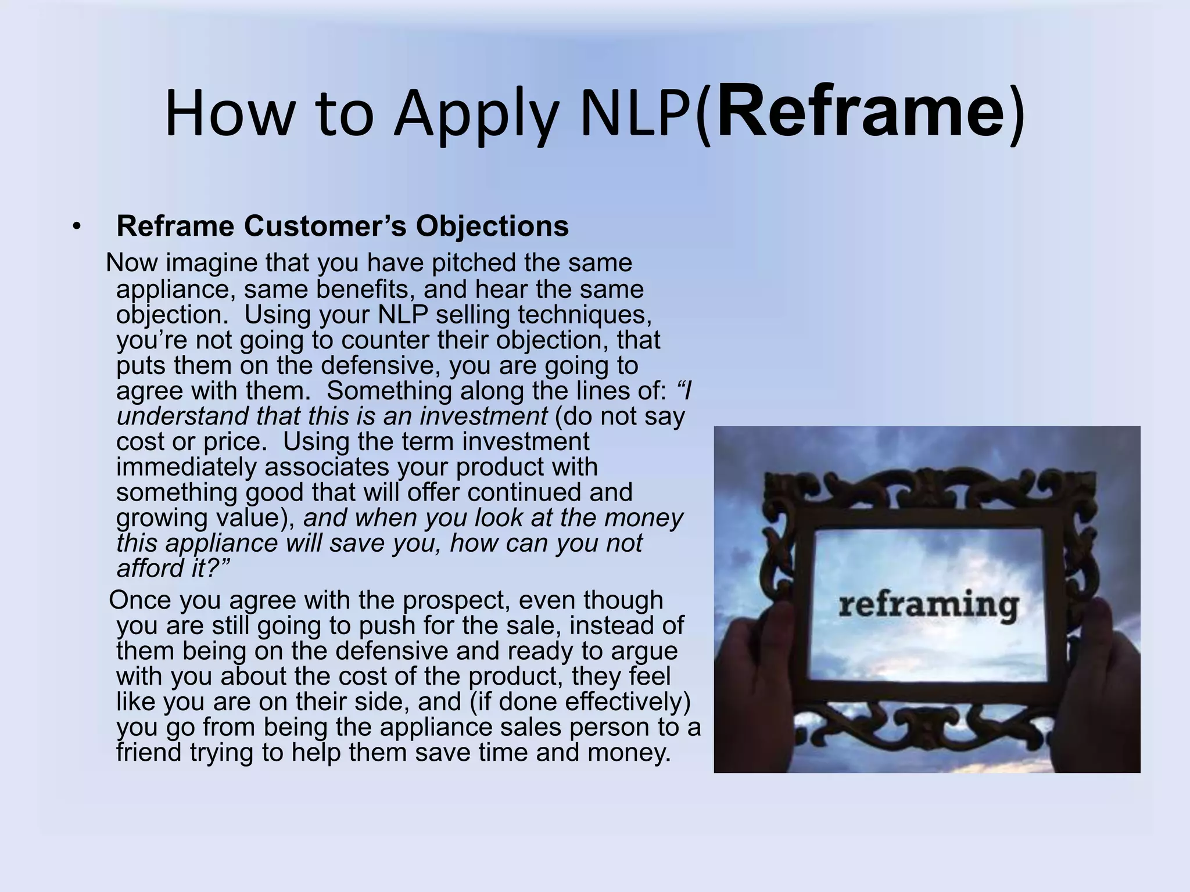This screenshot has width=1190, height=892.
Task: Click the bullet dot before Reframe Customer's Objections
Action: click(x=76, y=227)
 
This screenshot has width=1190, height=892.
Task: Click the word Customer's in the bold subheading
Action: click(x=325, y=226)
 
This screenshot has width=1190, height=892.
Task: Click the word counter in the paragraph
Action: click(x=382, y=340)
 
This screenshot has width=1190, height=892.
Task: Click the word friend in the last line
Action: click(x=149, y=753)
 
